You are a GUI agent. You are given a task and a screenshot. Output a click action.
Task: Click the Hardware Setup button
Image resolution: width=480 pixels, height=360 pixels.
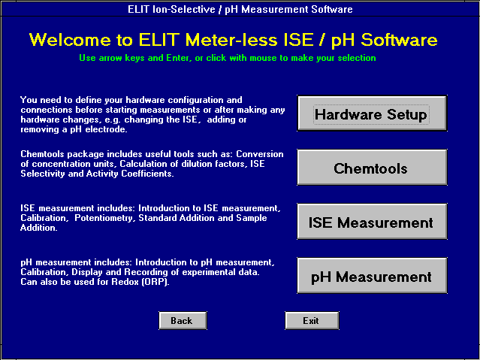click(x=372, y=113)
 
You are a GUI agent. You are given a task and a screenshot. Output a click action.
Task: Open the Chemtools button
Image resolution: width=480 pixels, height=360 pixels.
click(x=372, y=168)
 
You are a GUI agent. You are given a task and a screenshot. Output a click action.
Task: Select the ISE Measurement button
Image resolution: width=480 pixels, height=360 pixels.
click(x=372, y=222)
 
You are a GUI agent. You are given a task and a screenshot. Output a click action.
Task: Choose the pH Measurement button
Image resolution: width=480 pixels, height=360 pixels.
click(x=372, y=276)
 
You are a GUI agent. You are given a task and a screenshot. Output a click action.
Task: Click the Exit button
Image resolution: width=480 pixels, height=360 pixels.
click(x=312, y=321)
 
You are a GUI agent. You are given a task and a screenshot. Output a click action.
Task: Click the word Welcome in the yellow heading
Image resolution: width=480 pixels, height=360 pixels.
click(x=70, y=40)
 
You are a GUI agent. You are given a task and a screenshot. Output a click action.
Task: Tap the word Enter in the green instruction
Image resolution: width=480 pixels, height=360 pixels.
click(x=177, y=58)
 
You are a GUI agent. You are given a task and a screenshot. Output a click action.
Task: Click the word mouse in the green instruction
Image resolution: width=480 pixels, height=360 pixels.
click(x=262, y=58)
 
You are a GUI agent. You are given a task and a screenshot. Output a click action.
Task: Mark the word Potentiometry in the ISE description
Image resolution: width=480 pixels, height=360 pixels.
click(x=105, y=218)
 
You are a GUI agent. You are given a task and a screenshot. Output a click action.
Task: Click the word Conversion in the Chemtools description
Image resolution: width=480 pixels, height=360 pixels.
click(x=260, y=154)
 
